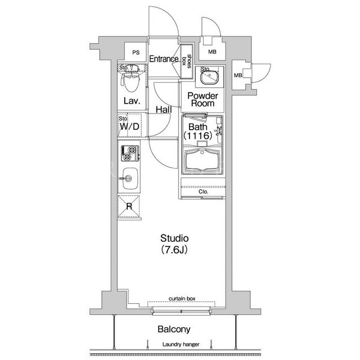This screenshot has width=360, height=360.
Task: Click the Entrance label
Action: (164, 59)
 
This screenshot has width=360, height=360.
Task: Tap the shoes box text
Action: (186, 61)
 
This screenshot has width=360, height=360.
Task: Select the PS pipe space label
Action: (136, 52)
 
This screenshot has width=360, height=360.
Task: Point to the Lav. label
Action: (132, 101)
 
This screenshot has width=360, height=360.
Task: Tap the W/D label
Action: (129, 126)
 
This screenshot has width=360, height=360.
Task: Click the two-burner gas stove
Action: (130, 153)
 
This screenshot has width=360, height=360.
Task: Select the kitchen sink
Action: (130, 179)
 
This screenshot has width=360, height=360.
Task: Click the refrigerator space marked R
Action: (129, 206)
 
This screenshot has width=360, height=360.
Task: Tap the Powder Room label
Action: (202, 100)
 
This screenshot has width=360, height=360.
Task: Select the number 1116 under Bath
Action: (197, 136)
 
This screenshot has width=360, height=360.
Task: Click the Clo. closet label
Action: (203, 192)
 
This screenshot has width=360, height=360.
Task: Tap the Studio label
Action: (174, 238)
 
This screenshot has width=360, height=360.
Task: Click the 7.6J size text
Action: (174, 249)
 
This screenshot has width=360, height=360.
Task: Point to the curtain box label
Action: (182, 299)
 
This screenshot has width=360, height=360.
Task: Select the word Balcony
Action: (174, 329)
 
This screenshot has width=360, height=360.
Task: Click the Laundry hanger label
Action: (181, 344)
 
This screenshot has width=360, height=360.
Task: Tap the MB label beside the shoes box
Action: (212, 52)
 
